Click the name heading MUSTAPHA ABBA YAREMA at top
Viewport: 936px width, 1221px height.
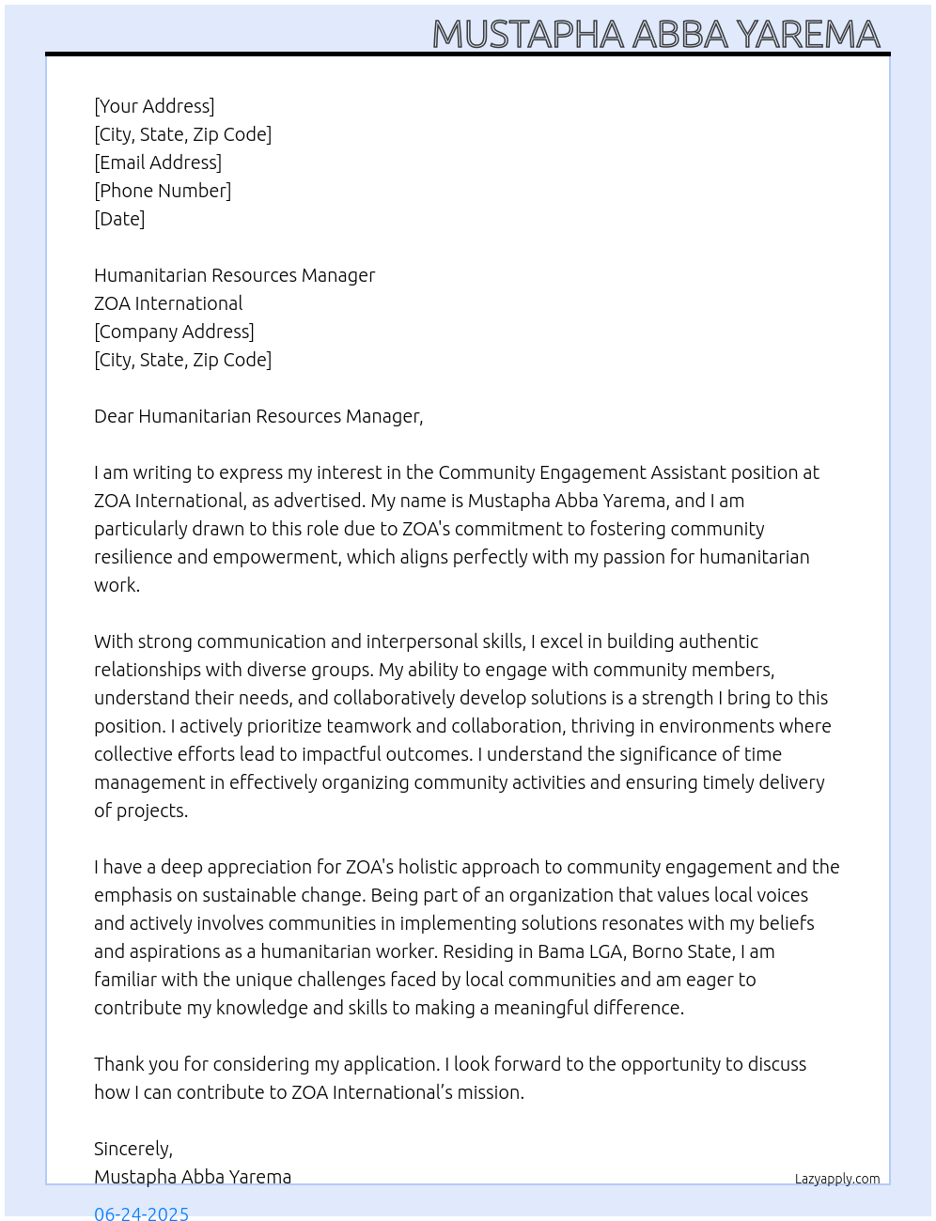655,35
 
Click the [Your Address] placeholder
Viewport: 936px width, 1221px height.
154,106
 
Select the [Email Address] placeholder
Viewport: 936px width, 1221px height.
158,162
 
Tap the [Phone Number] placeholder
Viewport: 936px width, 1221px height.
163,191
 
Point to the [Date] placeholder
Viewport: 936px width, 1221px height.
119,219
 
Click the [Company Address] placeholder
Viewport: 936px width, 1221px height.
174,332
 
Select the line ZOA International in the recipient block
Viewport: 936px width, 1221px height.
168,303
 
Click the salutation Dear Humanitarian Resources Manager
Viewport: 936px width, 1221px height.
258,416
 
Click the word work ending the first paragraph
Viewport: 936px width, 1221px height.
116,585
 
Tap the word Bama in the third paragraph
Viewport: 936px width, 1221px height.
560,951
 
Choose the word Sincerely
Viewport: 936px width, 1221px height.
133,1149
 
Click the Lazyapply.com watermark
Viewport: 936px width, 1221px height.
837,1179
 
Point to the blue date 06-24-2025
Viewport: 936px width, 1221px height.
141,1213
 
